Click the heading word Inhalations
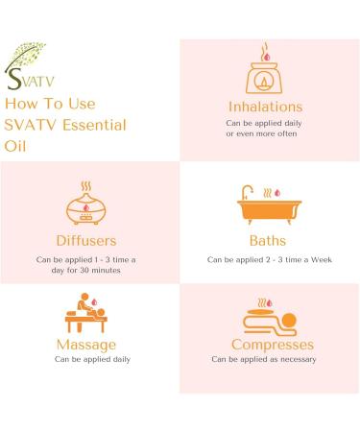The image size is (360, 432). tap(264, 107)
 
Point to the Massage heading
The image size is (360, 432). tap(86, 344)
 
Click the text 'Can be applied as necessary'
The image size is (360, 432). tap(264, 360)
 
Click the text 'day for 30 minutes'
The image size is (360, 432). tap(86, 271)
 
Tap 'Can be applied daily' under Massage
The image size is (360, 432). tap(86, 360)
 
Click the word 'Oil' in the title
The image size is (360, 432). tap(16, 146)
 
